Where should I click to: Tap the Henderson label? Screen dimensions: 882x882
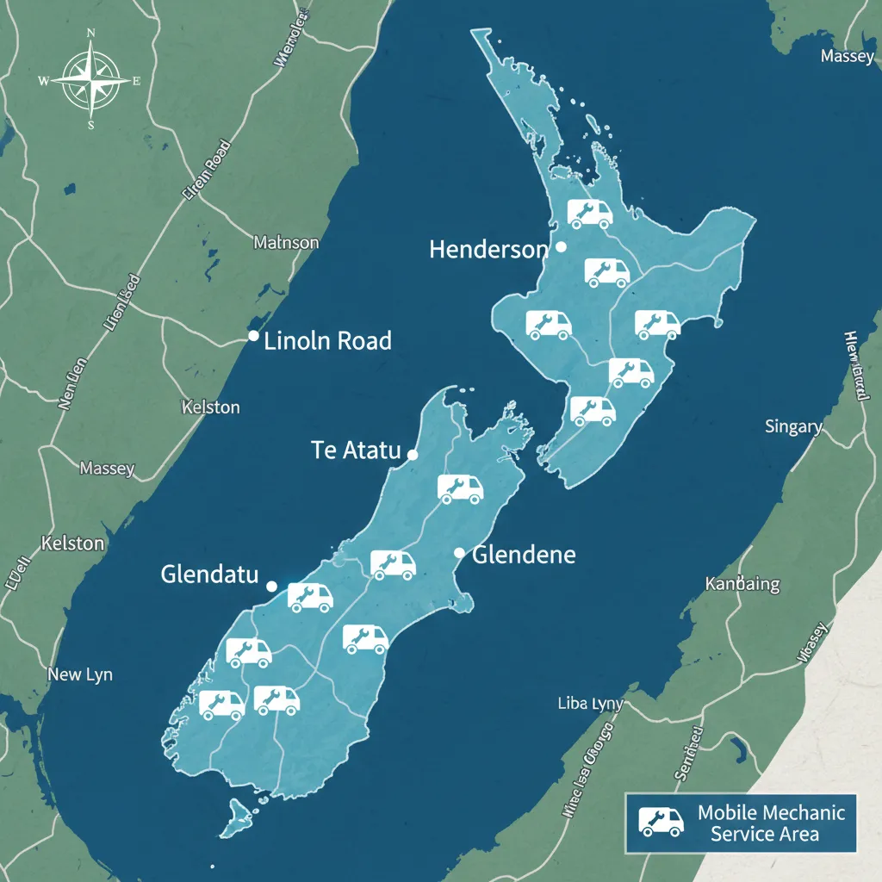488,250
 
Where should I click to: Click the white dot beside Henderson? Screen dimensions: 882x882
562,246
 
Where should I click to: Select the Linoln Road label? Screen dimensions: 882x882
327,340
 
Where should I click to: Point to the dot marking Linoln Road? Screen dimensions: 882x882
253,336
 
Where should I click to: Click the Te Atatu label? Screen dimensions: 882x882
356,450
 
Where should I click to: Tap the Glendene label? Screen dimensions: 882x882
524,554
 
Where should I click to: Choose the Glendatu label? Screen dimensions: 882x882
209,575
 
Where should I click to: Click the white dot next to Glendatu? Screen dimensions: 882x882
271,586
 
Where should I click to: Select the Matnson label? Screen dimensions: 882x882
286,243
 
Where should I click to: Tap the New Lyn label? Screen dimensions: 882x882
80,674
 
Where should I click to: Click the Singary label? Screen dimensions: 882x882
793,426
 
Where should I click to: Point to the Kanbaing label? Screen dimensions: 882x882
742,584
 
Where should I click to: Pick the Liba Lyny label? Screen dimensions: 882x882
590,704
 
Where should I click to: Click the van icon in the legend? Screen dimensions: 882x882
661,822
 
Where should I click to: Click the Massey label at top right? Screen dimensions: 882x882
847,56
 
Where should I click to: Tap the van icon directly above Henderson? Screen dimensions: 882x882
589,213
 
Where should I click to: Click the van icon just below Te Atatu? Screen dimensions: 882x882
460,488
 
